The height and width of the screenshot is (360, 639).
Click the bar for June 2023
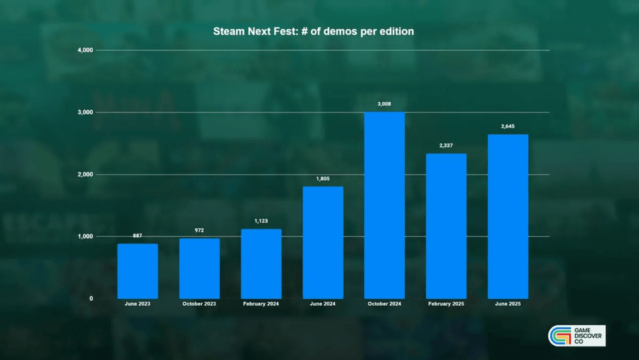coord(137,271)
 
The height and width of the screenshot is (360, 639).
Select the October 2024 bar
coord(384,205)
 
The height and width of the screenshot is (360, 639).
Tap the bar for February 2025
coord(446,226)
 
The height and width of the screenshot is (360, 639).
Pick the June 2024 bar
coord(323,242)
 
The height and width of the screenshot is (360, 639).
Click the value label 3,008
coord(384,104)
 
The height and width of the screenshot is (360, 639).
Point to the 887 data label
coord(137,235)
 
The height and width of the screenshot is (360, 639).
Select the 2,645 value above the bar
coord(508,126)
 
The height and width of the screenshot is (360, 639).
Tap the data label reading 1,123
coord(261,221)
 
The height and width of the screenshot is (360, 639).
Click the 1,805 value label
coord(323,178)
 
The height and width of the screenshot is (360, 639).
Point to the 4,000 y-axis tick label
coord(84,50)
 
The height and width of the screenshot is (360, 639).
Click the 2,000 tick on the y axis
coord(84,175)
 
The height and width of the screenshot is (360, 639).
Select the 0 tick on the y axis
coord(91,299)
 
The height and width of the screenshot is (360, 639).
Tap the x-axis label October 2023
coord(199,304)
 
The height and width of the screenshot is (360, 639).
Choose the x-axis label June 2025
coord(508,304)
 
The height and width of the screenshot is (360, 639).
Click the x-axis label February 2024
coord(261,304)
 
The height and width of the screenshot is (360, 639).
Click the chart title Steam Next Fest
coord(313,31)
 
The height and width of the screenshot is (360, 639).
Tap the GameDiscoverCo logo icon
coord(560,336)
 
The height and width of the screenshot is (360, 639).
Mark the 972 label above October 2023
coord(199,230)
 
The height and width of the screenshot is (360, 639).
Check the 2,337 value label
coord(446,145)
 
